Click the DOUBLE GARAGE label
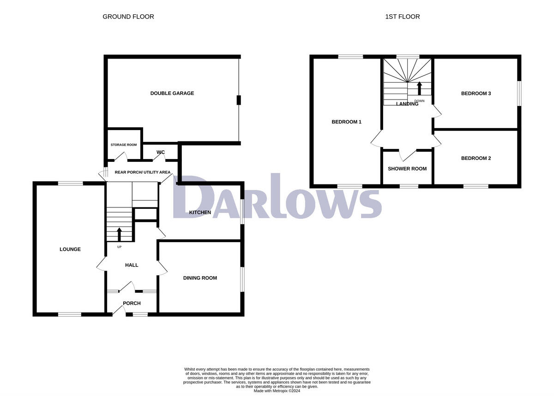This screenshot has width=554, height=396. tap(172, 93)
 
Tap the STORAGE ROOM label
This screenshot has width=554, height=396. tap(124, 145)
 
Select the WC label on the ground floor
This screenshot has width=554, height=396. tap(161, 152)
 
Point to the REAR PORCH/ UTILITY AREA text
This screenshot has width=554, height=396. tap(136, 172)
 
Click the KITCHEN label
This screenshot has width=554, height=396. tap(200, 213)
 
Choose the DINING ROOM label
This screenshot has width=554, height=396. tap(200, 278)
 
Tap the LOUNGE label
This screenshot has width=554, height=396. tap(70, 249)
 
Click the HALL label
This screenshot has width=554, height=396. tap(132, 265)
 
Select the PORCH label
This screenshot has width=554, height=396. tap(132, 303)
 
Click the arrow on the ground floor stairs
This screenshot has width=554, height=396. tap(119, 234)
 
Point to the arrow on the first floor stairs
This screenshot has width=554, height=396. tap(419, 88)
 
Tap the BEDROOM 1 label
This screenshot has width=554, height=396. tap(346, 122)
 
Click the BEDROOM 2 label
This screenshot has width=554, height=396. tap(476, 158)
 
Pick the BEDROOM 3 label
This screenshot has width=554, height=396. tap(476, 94)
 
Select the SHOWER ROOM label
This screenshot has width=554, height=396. tap(407, 169)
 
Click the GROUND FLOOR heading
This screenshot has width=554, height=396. tap(128, 17)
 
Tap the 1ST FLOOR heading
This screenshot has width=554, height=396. tap(403, 17)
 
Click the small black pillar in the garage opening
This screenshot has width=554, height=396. tap(239, 100)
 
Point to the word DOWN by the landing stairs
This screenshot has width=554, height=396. tap(419, 101)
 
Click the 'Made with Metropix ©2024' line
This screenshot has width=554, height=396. tap(277, 390)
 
